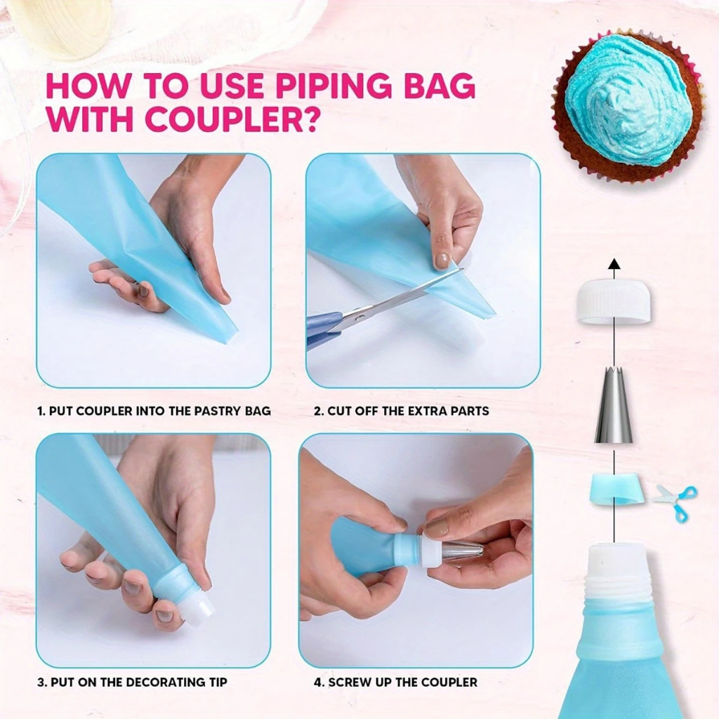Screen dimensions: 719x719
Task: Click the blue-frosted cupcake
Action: (x=627, y=107)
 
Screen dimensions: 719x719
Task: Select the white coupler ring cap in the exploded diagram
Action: (x=614, y=302)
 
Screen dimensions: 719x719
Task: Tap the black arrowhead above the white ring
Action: (x=614, y=264)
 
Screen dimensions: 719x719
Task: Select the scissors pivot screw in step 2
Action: (x=362, y=317)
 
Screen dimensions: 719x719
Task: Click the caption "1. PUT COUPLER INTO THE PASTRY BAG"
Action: (x=154, y=410)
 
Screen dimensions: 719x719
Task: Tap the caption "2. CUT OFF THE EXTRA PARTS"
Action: (x=402, y=410)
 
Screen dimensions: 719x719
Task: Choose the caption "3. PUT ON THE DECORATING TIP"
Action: (x=132, y=682)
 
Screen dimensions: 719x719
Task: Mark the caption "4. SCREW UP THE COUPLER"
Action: (x=396, y=682)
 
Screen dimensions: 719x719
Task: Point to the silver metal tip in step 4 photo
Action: (x=461, y=550)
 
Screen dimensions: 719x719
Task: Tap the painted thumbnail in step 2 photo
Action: (x=442, y=260)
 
